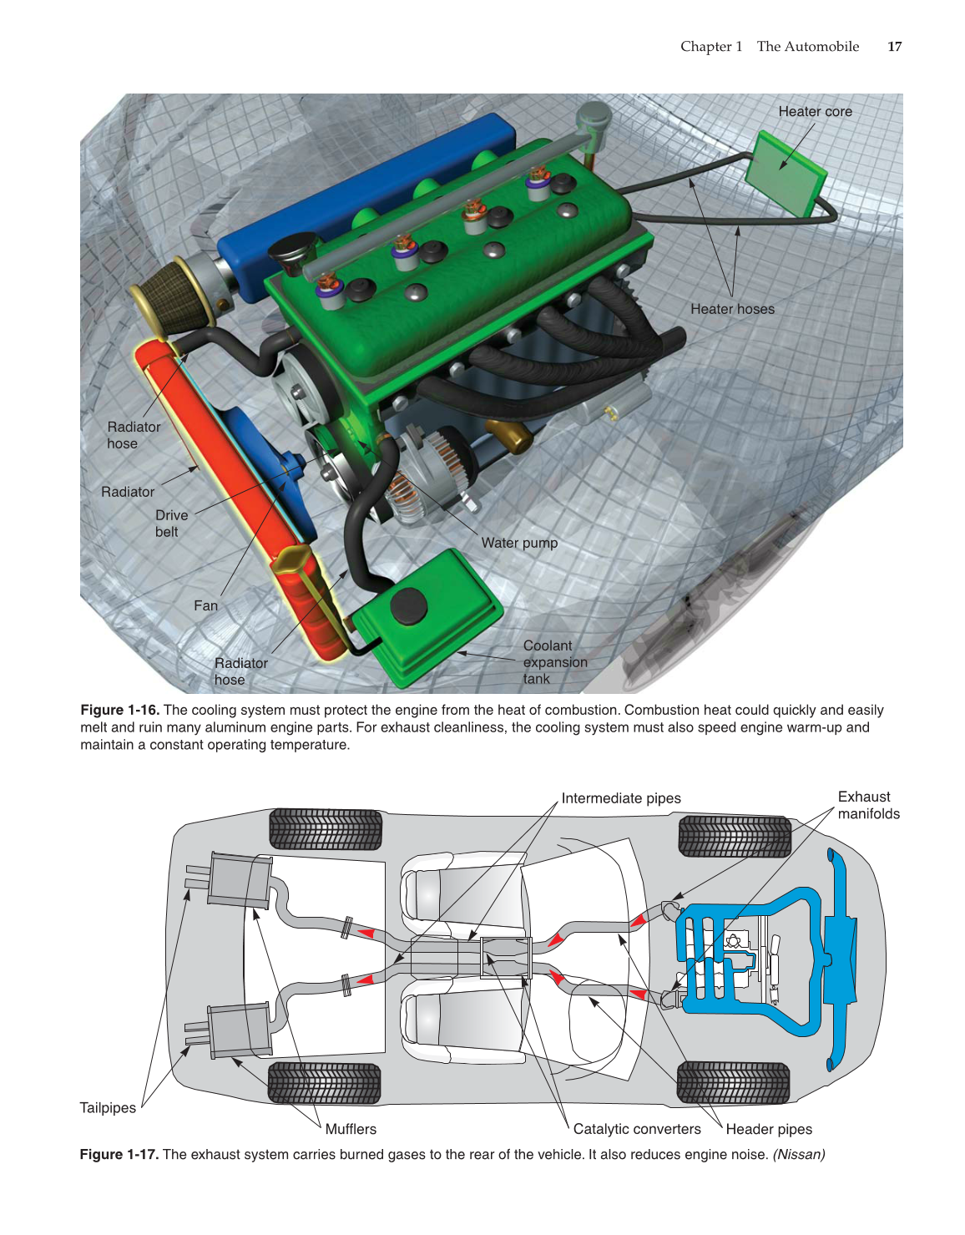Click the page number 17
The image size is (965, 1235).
point(894,47)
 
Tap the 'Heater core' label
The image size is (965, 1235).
point(815,112)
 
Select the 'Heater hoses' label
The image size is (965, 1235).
point(732,309)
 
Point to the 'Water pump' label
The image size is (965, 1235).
point(519,543)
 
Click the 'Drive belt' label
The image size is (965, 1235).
point(171,524)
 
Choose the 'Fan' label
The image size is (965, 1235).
point(205,606)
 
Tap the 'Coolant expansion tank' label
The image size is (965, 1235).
point(554,662)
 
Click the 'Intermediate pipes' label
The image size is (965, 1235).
point(620,798)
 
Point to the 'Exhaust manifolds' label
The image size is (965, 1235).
point(868,805)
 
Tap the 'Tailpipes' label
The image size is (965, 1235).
point(108,1108)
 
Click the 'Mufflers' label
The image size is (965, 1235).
point(351,1129)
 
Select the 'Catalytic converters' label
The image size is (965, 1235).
point(637,1129)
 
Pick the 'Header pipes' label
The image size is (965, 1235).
point(769,1129)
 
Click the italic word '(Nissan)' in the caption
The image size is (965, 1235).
point(799,1154)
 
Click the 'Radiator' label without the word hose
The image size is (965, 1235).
point(128,492)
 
